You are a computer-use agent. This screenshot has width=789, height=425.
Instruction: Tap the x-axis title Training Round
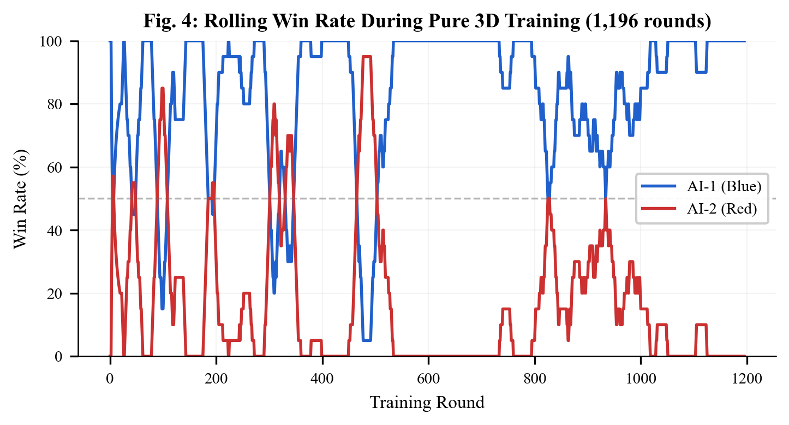pyautogui.click(x=427, y=403)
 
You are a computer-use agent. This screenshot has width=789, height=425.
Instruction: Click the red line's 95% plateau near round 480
pyautogui.click(x=366, y=57)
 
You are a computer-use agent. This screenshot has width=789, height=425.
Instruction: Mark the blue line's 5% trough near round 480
pyautogui.click(x=366, y=340)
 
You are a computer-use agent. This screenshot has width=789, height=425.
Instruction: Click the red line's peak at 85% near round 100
pyautogui.click(x=163, y=88)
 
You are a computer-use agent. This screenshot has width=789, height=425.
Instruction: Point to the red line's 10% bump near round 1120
pyautogui.click(x=701, y=325)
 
